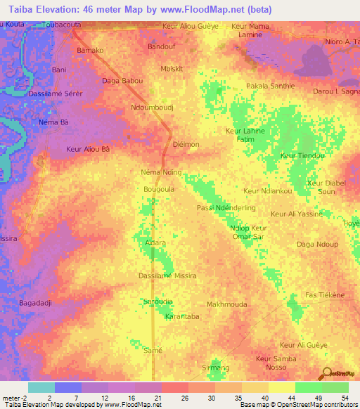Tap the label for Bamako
[90, 51]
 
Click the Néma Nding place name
[162, 172]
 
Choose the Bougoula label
[158, 189]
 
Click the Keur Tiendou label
[302, 155]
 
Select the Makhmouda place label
[225, 304]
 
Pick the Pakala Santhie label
[270, 86]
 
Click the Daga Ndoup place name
[317, 244]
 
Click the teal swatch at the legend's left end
[41, 387]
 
